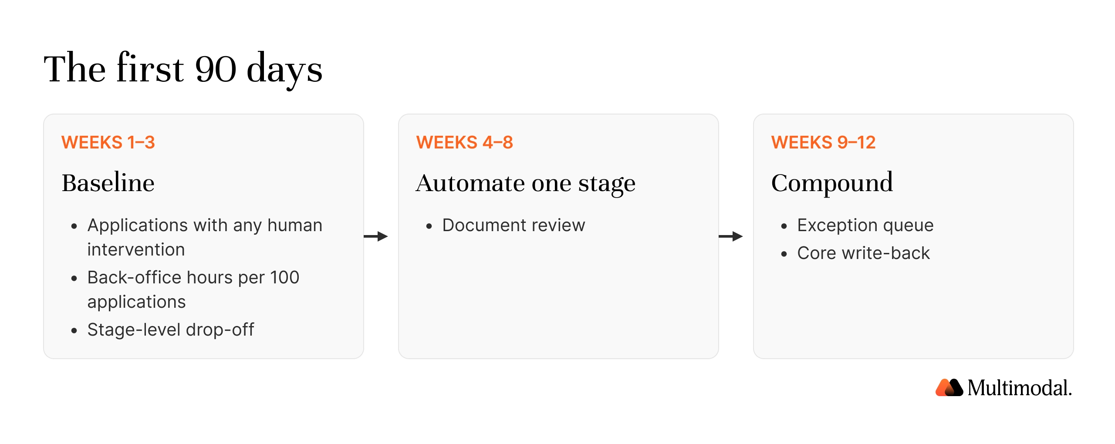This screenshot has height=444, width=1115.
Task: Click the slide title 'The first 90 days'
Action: point(183,69)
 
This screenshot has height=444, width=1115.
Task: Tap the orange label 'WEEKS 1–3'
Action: point(108,142)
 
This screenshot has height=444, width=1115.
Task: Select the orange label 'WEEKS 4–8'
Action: point(464,142)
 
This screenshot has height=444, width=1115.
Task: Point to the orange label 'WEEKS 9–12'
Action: point(823,142)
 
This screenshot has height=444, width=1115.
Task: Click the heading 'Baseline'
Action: point(108,182)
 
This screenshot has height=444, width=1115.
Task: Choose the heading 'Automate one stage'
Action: point(526,183)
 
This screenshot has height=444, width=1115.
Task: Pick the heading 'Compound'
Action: point(832,183)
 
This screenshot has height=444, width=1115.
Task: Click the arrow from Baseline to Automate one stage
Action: point(376,236)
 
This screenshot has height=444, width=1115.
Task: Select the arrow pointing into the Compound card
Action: point(731,236)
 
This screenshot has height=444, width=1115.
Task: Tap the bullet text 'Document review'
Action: point(514,225)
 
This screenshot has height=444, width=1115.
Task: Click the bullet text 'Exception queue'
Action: point(865,225)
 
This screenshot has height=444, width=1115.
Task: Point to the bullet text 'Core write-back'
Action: point(863,253)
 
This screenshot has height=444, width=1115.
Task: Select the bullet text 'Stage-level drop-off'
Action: point(171,330)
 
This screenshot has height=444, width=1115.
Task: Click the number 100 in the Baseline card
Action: point(284,278)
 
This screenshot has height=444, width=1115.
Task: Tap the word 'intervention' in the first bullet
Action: point(136,250)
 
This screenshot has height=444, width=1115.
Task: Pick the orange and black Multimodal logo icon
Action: point(949,387)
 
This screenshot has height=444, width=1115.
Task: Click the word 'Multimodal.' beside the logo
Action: point(1020,388)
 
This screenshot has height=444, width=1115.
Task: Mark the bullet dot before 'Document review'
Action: point(429,226)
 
